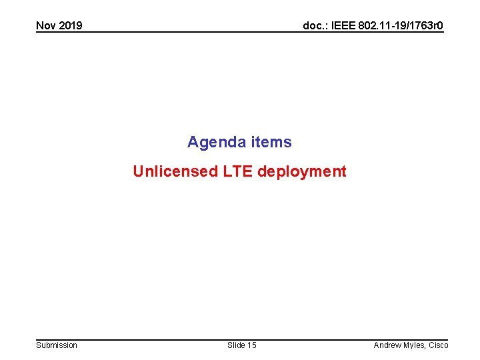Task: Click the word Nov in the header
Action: pyautogui.click(x=46, y=26)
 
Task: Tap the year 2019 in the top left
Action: pyautogui.click(x=70, y=26)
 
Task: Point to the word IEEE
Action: pyautogui.click(x=346, y=26)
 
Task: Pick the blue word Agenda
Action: pyautogui.click(x=216, y=142)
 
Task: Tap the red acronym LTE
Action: pyautogui.click(x=238, y=171)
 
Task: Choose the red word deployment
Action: pyautogui.click(x=302, y=171)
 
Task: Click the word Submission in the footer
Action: pyautogui.click(x=57, y=345)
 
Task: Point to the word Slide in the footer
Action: pyautogui.click(x=236, y=345)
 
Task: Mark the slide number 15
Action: pyautogui.click(x=251, y=345)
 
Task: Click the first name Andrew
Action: pyautogui.click(x=388, y=345)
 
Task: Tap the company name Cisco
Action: pyautogui.click(x=439, y=345)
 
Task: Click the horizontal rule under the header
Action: pyautogui.click(x=240, y=33)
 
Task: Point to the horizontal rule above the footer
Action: pyautogui.click(x=240, y=339)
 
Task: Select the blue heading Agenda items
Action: pyautogui.click(x=239, y=142)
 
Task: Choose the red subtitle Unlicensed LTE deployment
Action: pyautogui.click(x=239, y=171)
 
